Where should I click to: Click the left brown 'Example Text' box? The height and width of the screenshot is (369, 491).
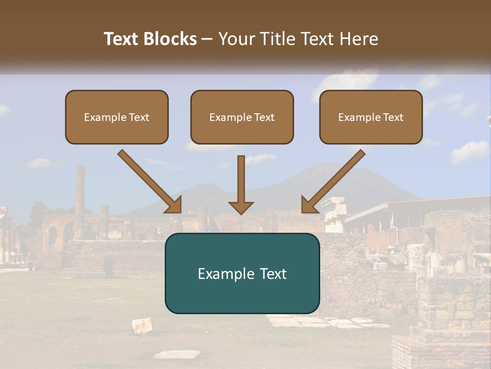(x=117, y=117)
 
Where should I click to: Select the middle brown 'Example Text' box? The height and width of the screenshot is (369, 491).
(x=242, y=117)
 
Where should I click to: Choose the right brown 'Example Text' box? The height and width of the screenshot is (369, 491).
(x=371, y=117)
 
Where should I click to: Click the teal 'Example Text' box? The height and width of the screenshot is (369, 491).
(x=242, y=273)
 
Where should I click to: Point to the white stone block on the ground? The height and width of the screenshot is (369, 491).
(x=142, y=325)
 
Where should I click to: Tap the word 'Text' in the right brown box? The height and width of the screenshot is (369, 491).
(x=393, y=117)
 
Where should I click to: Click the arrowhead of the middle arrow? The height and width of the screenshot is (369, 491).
(x=241, y=207)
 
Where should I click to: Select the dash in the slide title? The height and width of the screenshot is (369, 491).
(x=207, y=39)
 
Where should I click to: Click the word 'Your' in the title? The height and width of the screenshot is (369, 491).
(x=235, y=39)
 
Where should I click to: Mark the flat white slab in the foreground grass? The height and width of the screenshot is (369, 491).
(x=177, y=354)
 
